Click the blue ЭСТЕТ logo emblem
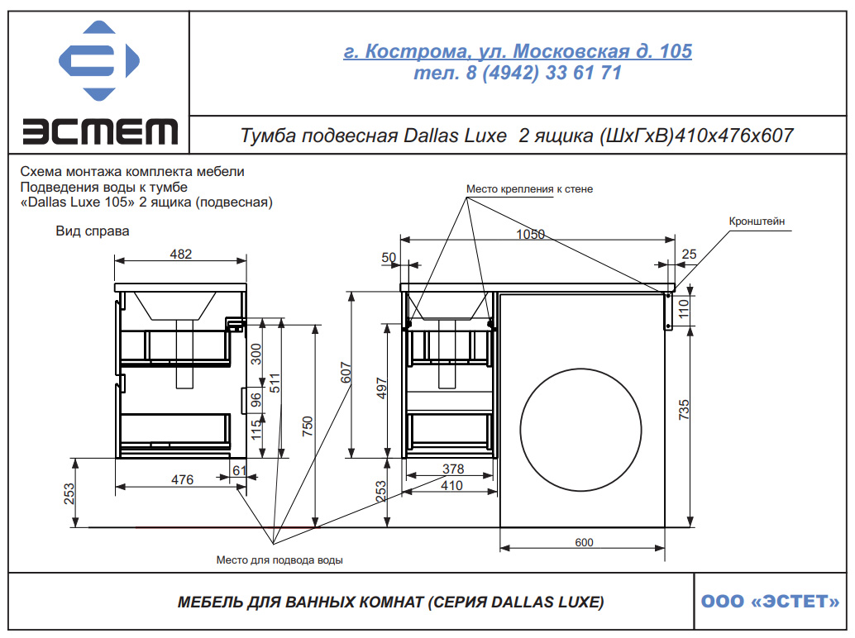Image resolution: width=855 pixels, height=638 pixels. click(x=98, y=60)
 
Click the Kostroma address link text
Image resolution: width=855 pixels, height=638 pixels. click(x=518, y=51)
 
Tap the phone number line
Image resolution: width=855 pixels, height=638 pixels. click(x=518, y=73)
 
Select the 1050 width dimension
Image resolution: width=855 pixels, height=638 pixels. click(x=531, y=234)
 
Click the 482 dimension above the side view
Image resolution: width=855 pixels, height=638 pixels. click(x=180, y=254)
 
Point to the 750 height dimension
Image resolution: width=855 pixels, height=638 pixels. click(x=308, y=426)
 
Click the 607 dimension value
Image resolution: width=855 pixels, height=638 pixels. click(x=346, y=373)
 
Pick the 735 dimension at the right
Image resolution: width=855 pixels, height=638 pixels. click(x=684, y=410)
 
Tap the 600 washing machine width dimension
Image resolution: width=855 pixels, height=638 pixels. click(x=584, y=542)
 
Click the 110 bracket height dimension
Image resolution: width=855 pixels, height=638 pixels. click(x=683, y=309)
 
